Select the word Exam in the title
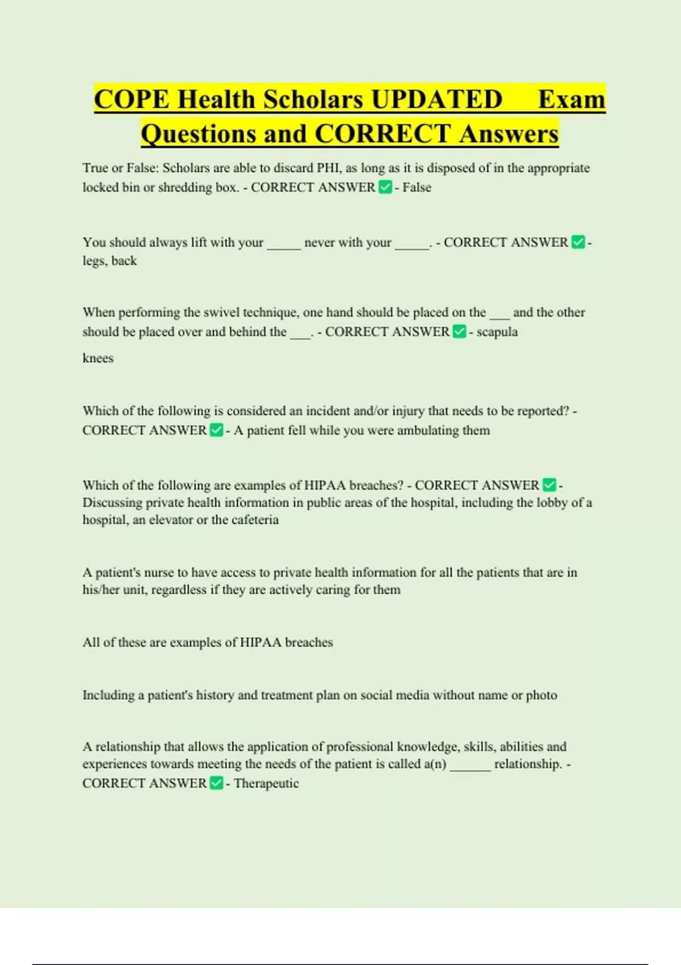(x=571, y=99)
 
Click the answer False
(x=417, y=187)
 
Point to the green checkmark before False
(x=385, y=187)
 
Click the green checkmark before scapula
(x=460, y=332)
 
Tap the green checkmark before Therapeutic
(x=216, y=783)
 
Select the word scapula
(x=497, y=332)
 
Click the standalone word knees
(x=98, y=358)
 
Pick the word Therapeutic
(x=266, y=783)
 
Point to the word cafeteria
(x=253, y=520)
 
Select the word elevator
(x=171, y=520)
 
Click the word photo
(x=541, y=695)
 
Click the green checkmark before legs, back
(x=578, y=242)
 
